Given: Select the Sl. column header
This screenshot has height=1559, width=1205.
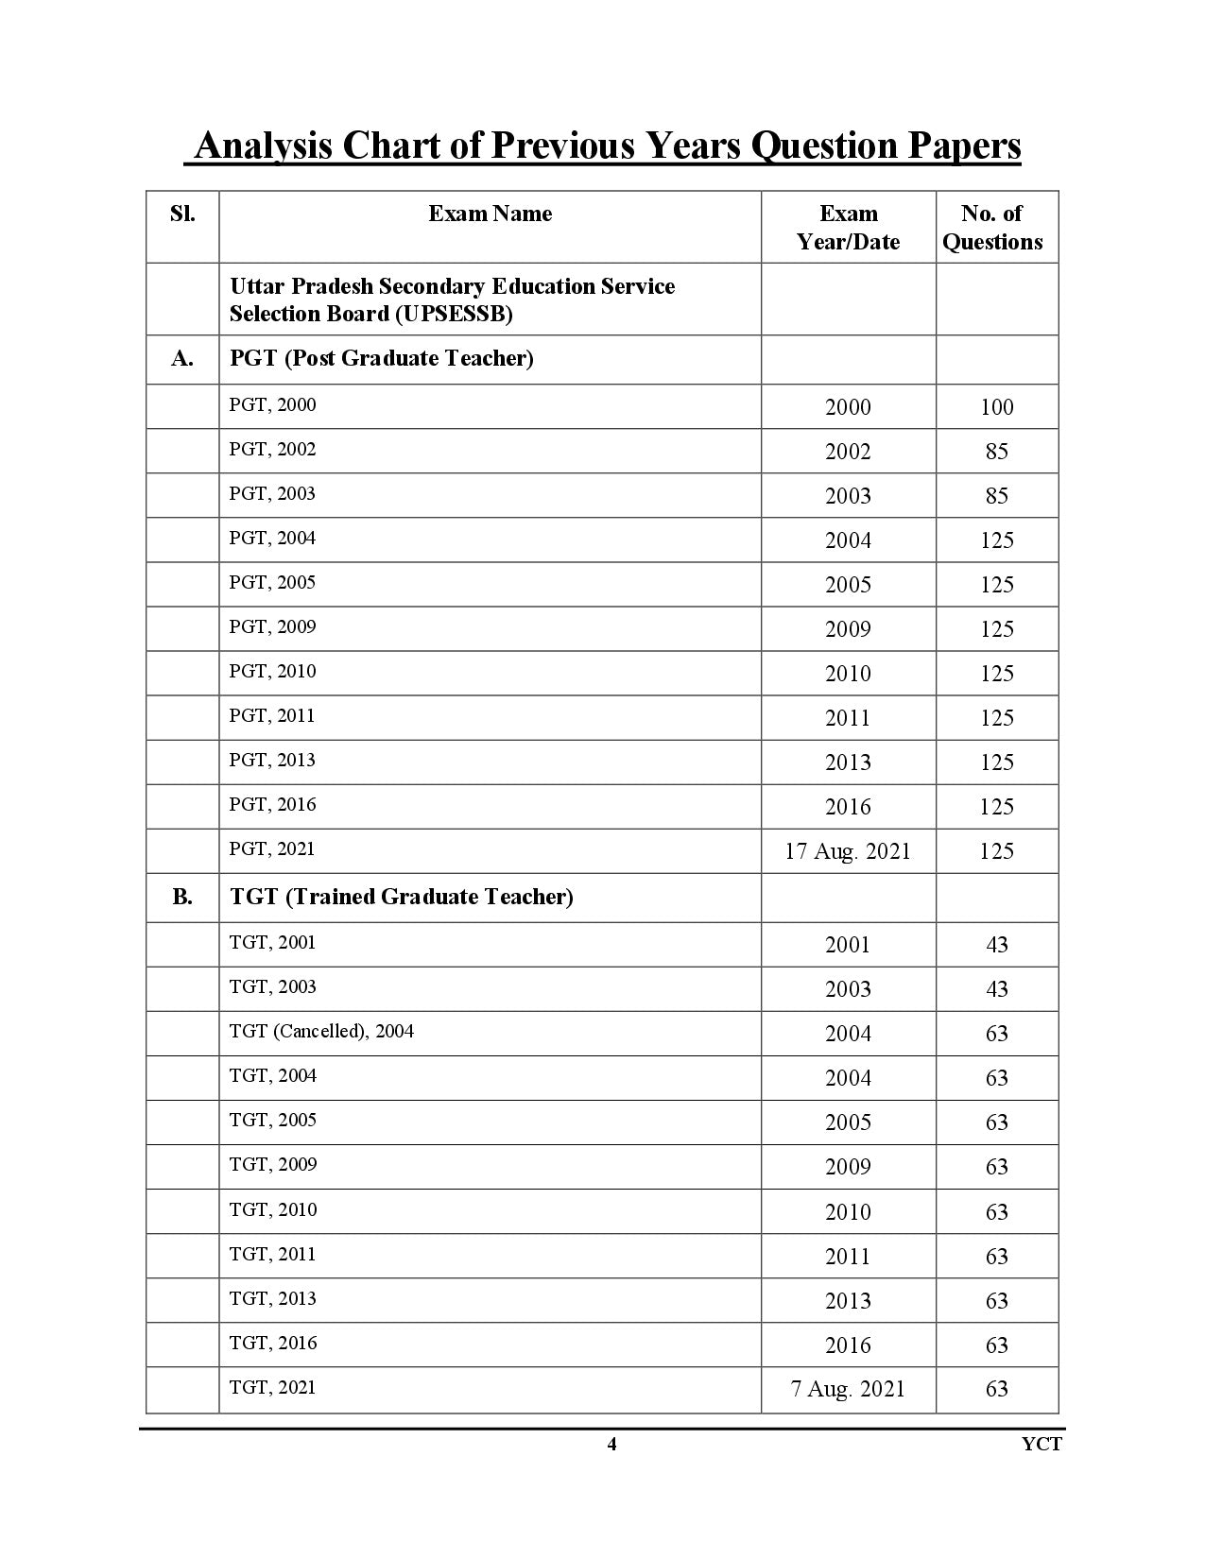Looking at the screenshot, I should tap(182, 214).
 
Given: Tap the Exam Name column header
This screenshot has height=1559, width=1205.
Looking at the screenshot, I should tap(490, 214).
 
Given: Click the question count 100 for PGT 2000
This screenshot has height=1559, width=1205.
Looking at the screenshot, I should tap(996, 407).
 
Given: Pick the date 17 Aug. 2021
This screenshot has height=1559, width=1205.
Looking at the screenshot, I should tap(848, 851).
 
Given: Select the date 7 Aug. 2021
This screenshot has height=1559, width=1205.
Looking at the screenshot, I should tap(848, 1389).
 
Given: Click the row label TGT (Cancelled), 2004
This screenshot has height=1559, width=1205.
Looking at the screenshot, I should tap(321, 1031).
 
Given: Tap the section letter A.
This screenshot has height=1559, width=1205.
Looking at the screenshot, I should tap(182, 359).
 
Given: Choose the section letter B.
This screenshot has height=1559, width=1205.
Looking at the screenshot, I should tap(182, 897).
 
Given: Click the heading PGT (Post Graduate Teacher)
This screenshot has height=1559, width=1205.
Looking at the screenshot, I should tap(382, 359).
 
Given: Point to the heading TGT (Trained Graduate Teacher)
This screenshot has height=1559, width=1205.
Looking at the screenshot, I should tap(402, 897).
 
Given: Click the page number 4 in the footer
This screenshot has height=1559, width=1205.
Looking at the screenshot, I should tap(611, 1444).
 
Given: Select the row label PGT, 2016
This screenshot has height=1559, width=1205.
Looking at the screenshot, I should tap(272, 805).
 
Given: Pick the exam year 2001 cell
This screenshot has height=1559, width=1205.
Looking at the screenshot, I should tap(848, 945).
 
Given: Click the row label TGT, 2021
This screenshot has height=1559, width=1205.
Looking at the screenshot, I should tap(272, 1387).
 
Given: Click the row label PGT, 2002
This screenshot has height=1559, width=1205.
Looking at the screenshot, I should tap(272, 450).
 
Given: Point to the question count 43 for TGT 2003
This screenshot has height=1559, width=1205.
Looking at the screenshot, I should tap(996, 989).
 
